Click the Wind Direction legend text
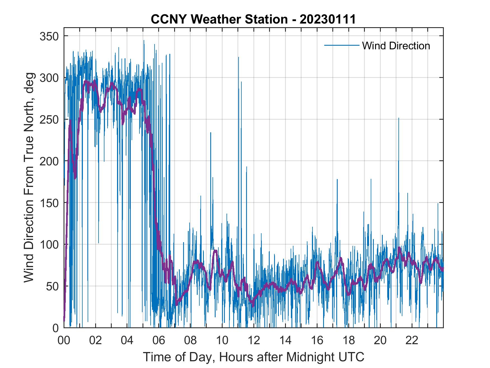point(396,46)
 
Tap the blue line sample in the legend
point(342,45)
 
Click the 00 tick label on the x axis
point(64,341)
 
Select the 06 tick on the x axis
point(159,341)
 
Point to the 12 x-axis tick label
point(254,341)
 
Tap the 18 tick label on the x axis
point(349,341)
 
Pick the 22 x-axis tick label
point(412,341)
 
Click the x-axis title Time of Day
point(254,357)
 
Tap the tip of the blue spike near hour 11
point(238,57)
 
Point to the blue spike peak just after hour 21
point(398,118)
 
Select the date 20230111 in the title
point(328,19)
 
